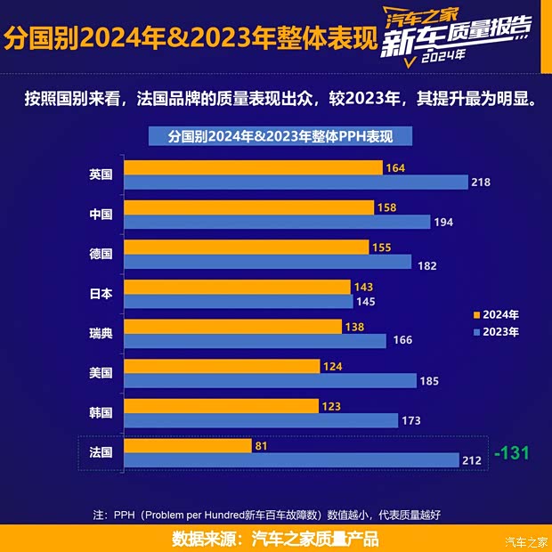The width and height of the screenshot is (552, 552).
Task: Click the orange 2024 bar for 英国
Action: tap(253, 167)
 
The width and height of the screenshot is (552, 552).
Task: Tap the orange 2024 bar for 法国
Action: tap(188, 445)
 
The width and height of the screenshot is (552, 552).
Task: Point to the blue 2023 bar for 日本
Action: tap(239, 301)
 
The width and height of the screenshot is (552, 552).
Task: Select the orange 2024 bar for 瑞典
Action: tap(233, 327)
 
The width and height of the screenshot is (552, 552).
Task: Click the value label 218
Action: tap(481, 183)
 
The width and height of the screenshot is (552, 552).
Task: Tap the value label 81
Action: tap(262, 445)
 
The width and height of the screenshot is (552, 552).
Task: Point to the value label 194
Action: tap(443, 222)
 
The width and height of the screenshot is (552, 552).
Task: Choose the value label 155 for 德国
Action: tap(382, 248)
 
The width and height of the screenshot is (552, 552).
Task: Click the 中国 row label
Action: tap(101, 214)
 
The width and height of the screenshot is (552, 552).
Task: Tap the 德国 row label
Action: tap(101, 254)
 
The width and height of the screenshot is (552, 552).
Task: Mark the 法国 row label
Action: tap(101, 452)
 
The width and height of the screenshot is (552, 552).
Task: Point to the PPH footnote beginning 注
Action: tap(267, 514)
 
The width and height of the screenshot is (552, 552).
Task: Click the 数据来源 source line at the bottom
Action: tap(275, 539)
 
